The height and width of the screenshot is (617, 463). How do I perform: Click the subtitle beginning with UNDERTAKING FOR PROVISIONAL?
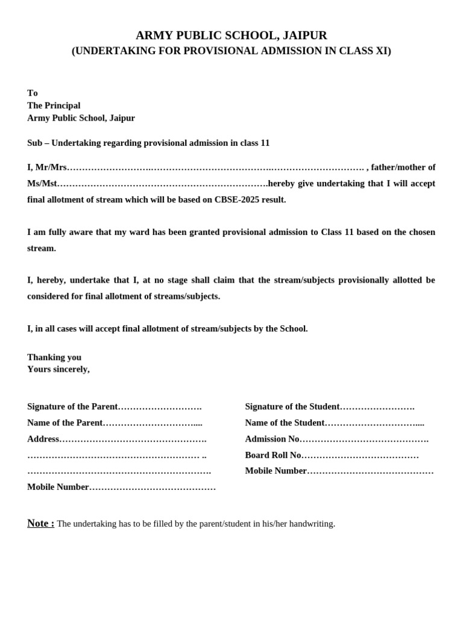point(231,51)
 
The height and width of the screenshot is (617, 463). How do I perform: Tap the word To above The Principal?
point(33,93)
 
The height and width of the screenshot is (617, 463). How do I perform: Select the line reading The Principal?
point(54,105)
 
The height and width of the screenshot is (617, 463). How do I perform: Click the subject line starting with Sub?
point(148,143)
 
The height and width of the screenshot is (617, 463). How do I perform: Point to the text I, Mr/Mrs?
point(47,168)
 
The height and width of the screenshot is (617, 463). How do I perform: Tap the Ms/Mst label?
point(42,184)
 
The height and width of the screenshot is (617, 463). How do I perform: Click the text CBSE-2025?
point(236,199)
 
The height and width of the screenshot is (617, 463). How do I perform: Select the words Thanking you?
point(54,357)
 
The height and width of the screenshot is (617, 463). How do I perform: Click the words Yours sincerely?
point(58,369)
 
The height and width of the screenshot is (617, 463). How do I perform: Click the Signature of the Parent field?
point(115,407)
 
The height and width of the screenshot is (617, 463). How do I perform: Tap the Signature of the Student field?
point(330,407)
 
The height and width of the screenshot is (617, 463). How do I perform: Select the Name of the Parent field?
point(115,423)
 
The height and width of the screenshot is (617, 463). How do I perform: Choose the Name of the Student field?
point(335,423)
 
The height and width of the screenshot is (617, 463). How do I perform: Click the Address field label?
point(43,439)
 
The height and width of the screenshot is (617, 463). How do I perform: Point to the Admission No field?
point(336,439)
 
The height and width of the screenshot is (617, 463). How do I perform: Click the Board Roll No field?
point(332,456)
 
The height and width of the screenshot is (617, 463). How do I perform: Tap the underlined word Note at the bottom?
point(40,523)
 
